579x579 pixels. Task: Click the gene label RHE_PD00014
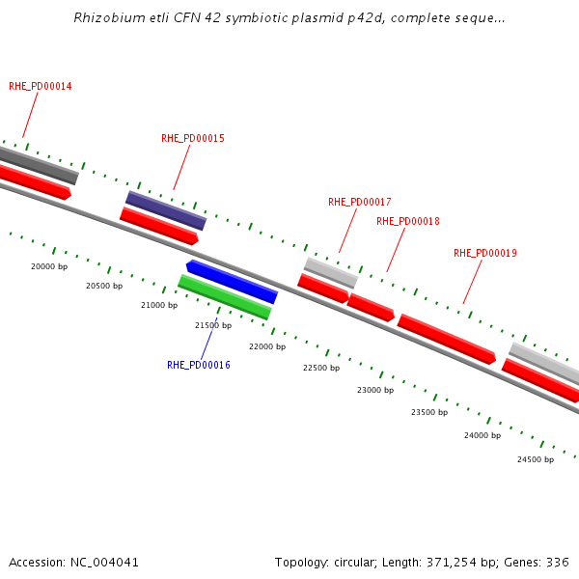tap(41, 86)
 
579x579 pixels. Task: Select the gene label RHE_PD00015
tap(193, 138)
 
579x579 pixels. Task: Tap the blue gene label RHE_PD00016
tap(199, 365)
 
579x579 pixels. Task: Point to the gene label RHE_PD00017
tap(360, 202)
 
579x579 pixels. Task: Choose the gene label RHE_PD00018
tap(408, 221)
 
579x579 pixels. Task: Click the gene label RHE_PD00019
tap(485, 253)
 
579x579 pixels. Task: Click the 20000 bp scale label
tap(49, 266)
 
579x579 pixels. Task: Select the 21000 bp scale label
tap(159, 305)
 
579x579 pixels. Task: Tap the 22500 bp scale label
tap(321, 368)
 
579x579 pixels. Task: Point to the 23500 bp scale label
tap(429, 412)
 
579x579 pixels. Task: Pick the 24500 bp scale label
tap(536, 459)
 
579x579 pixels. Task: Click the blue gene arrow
tap(232, 281)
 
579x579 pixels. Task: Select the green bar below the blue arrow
tap(224, 296)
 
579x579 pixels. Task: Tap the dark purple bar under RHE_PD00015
tap(166, 209)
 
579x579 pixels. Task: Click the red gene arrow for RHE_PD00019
tap(447, 339)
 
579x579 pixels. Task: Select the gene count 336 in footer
tap(560, 562)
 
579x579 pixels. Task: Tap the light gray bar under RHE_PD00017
tap(331, 272)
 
